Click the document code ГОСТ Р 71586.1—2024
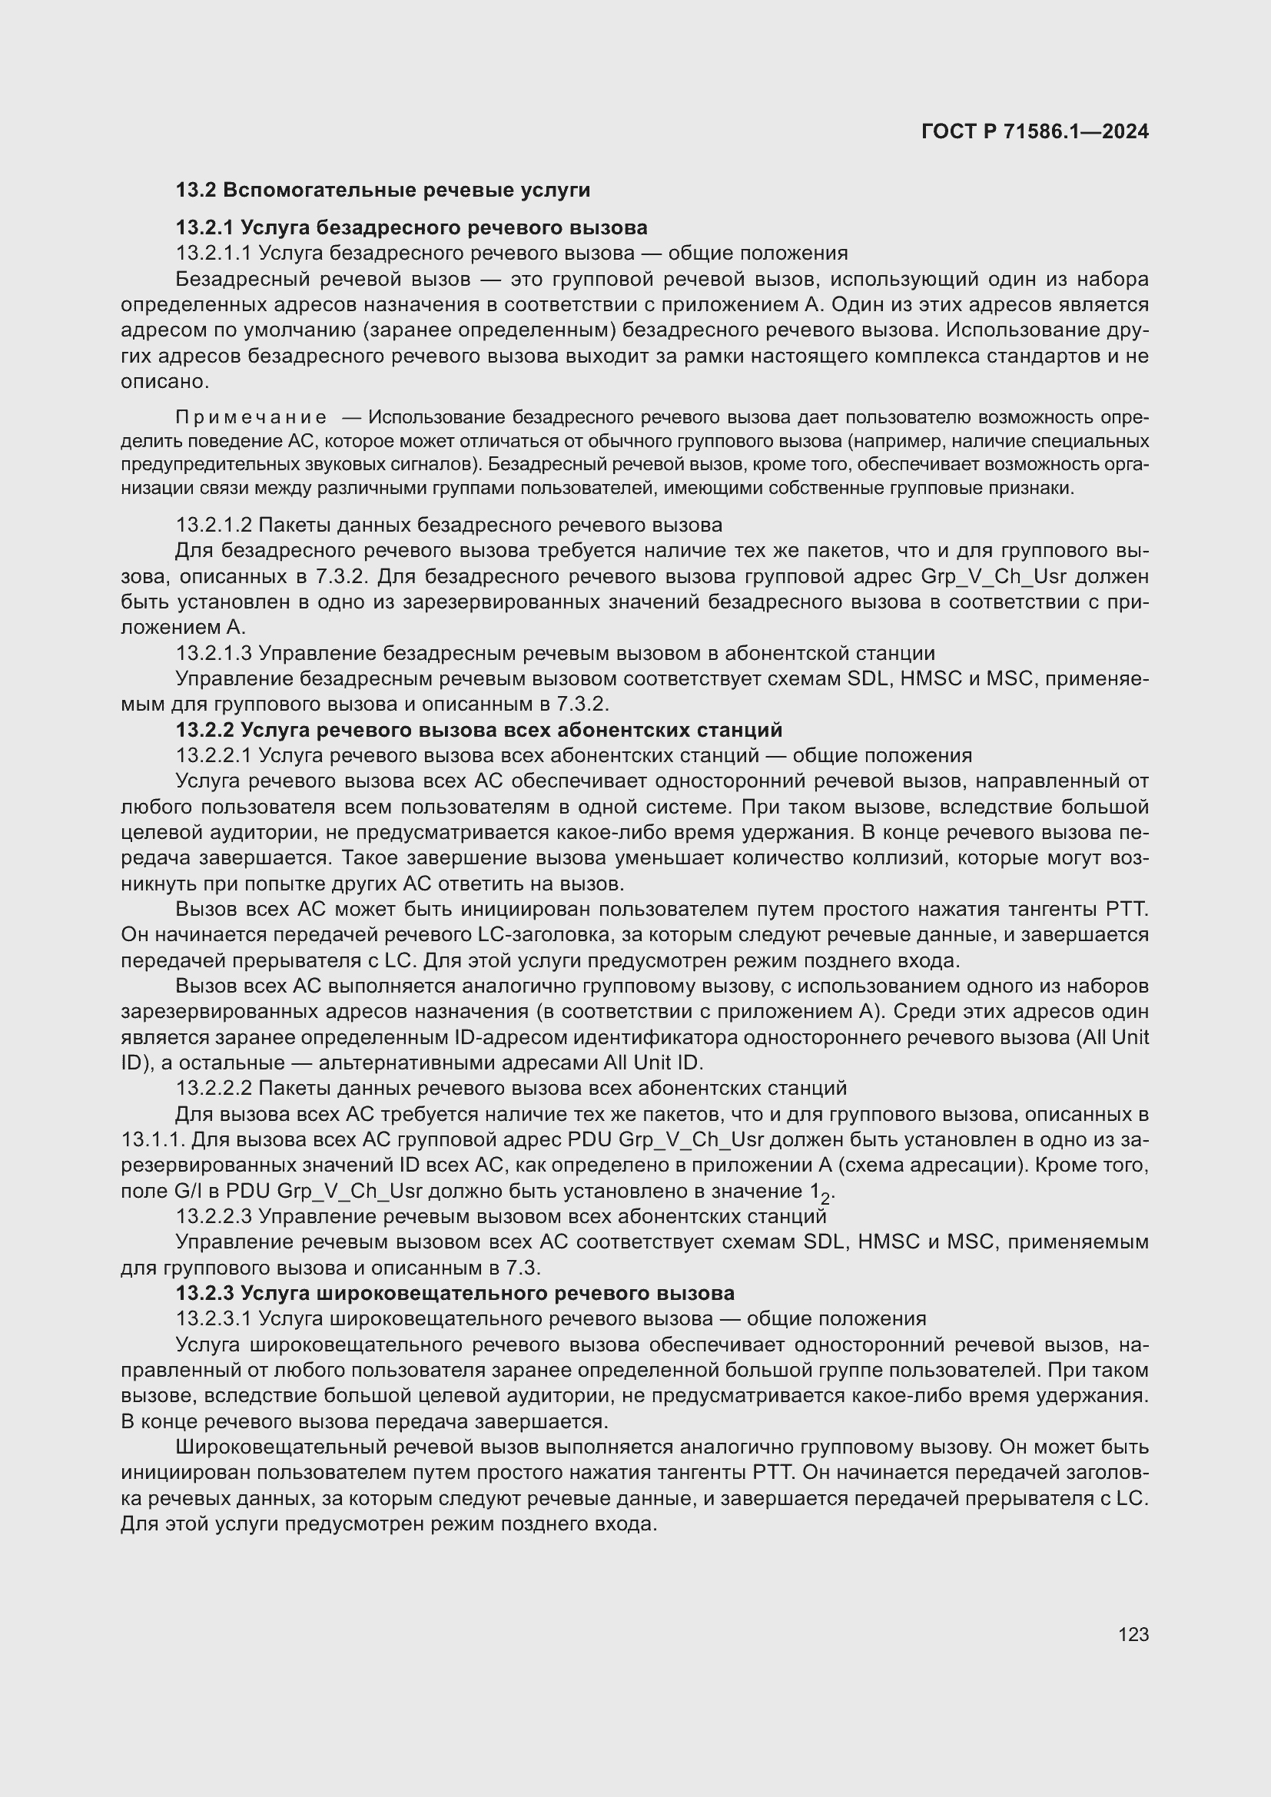pos(1034,131)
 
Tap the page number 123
pos(1133,1634)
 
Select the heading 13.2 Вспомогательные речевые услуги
pos(383,191)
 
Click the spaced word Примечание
pos(251,416)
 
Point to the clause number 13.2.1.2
pos(214,525)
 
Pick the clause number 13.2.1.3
pos(214,653)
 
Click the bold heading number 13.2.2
pos(204,729)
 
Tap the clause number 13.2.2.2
pos(214,1088)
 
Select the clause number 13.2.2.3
pos(214,1216)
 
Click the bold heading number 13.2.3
pos(204,1293)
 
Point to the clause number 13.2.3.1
pos(214,1319)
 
